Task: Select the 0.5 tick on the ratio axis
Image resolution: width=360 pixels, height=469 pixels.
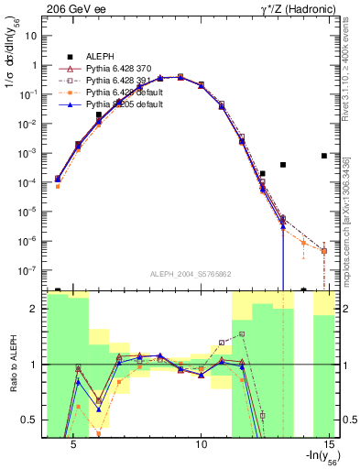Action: tap(29, 420)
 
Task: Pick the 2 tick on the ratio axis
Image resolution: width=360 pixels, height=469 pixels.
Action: tap(34, 309)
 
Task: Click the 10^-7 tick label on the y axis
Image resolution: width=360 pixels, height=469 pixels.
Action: tap(27, 271)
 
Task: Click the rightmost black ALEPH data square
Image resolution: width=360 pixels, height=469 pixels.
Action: tap(324, 156)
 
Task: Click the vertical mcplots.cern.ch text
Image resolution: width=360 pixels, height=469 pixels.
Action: tap(345, 211)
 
